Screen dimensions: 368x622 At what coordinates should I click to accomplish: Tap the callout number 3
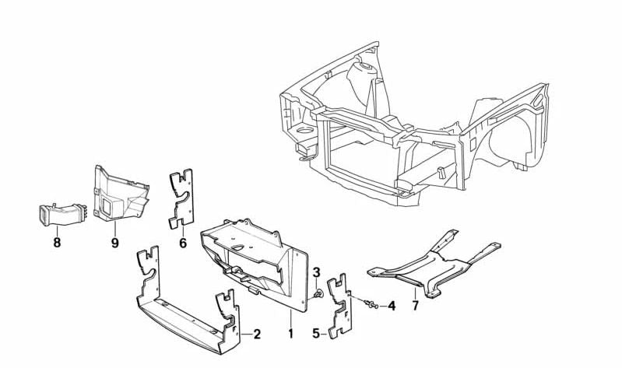click(317, 272)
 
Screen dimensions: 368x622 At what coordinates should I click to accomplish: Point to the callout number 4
click(392, 307)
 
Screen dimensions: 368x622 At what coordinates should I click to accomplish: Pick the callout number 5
click(316, 334)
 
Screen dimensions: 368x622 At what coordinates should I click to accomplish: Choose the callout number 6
click(183, 242)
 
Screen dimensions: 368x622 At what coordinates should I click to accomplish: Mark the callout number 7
click(415, 306)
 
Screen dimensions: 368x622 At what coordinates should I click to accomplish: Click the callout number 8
click(57, 242)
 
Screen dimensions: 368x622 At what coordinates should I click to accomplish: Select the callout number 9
click(114, 242)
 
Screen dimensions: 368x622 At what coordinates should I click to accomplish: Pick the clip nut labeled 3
click(319, 294)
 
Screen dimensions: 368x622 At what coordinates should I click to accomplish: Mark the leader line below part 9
click(115, 229)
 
